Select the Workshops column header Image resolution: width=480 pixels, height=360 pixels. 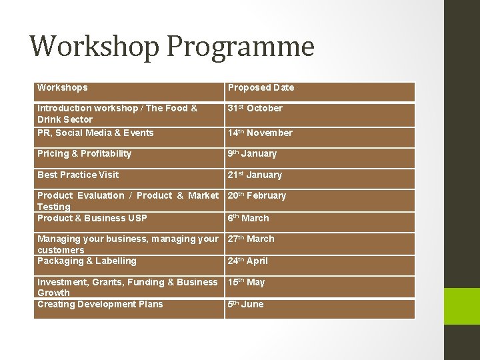(63, 87)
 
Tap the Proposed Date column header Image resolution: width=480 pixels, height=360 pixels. (261, 87)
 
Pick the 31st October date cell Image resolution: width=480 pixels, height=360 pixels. (255, 108)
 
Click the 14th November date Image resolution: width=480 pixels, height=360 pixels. (260, 133)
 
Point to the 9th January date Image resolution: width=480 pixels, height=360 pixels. (252, 153)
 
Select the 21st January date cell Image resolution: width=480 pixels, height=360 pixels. (255, 175)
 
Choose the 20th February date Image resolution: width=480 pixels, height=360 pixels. (257, 195)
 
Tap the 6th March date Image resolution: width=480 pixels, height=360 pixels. (248, 218)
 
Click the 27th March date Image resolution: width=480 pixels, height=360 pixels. (251, 239)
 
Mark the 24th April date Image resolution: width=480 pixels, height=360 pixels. (248, 261)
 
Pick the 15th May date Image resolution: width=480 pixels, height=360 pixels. (246, 282)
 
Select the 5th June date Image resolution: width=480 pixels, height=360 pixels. (245, 304)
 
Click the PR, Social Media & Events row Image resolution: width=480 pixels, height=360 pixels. (95, 133)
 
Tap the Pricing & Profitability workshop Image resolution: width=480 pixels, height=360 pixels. (85, 153)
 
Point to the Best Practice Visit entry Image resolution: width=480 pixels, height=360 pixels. (78, 175)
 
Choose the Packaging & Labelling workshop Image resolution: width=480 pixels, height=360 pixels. (87, 261)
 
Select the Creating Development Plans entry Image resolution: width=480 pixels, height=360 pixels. (100, 304)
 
